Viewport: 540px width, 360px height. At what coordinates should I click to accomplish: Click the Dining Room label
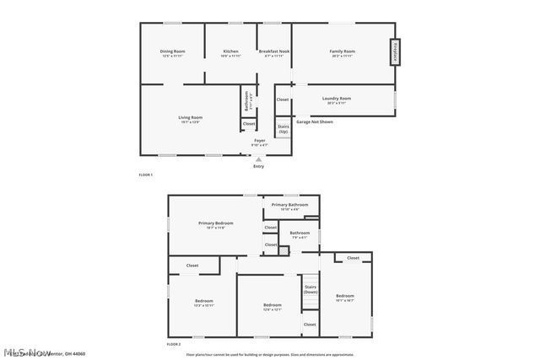(x=173, y=53)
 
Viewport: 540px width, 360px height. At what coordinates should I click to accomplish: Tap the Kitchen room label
(x=230, y=53)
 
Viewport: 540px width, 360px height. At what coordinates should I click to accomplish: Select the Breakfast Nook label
(x=274, y=53)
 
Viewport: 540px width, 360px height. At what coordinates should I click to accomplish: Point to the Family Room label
(x=342, y=53)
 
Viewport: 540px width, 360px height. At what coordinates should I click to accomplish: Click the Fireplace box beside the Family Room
(x=393, y=52)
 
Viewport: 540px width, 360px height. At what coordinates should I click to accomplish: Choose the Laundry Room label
(x=337, y=99)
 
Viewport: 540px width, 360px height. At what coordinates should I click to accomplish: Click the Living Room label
(x=190, y=119)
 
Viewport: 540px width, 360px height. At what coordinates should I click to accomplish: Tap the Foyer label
(x=260, y=142)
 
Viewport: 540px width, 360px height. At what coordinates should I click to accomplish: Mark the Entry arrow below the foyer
(x=259, y=159)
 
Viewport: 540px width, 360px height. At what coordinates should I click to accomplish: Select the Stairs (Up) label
(x=283, y=131)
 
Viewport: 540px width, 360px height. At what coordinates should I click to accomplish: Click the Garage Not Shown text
(x=314, y=121)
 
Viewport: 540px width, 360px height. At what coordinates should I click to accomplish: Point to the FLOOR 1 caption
(x=145, y=175)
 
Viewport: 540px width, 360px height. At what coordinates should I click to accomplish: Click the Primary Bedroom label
(x=216, y=224)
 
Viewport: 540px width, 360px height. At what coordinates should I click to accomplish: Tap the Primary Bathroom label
(x=289, y=206)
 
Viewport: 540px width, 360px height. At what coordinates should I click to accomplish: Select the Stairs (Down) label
(x=310, y=289)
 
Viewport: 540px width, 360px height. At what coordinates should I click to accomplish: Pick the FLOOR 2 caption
(x=174, y=344)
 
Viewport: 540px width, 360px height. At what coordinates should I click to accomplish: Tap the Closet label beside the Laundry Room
(x=283, y=99)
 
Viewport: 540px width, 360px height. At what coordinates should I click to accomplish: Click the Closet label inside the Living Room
(x=249, y=124)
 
